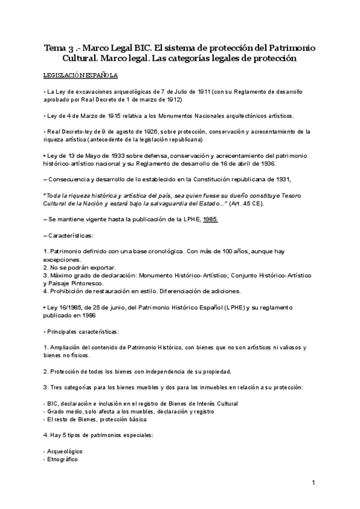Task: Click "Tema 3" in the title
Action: (x=59, y=47)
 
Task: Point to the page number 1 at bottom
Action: (x=313, y=483)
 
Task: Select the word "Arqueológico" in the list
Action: (x=64, y=450)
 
